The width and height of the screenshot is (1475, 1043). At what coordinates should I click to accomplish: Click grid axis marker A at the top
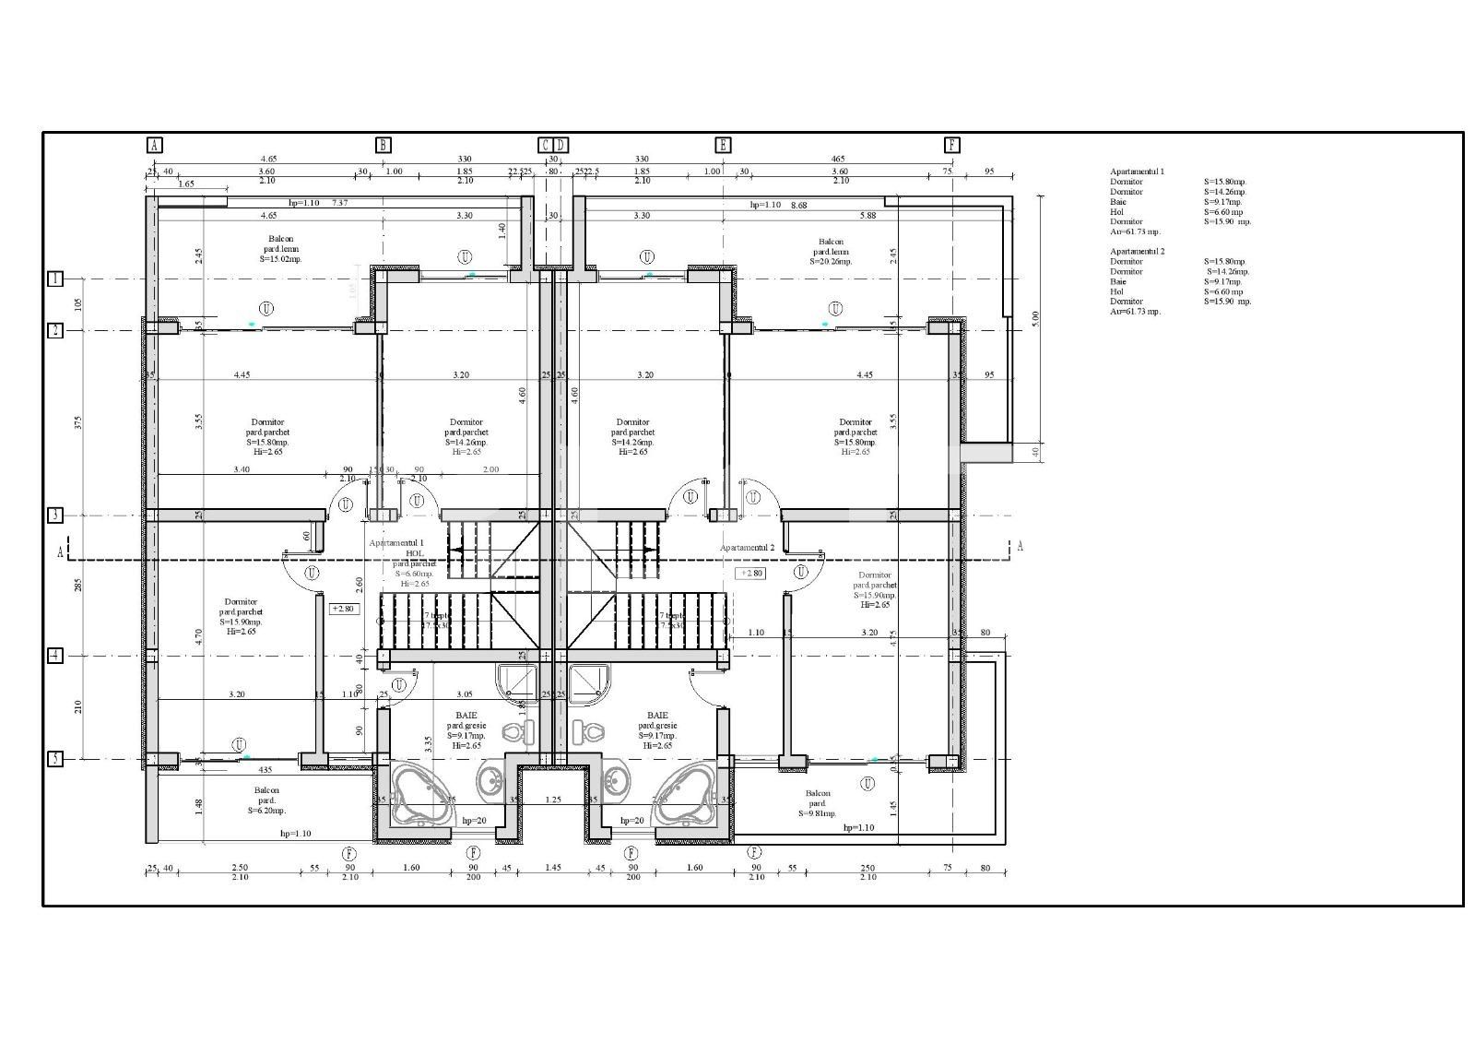coord(154,145)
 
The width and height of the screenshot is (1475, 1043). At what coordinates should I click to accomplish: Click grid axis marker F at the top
coord(952,145)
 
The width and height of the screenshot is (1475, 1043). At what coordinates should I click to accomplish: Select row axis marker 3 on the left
coord(55,516)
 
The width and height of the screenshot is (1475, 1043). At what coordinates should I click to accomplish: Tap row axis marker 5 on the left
coord(55,759)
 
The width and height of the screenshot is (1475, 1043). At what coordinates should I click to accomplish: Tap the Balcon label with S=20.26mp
coord(832,251)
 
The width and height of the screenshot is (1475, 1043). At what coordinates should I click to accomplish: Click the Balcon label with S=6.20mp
coord(266,800)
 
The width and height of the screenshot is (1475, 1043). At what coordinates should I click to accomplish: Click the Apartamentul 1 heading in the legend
coord(1137,172)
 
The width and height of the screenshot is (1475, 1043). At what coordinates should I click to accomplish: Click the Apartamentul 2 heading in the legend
coord(1137,251)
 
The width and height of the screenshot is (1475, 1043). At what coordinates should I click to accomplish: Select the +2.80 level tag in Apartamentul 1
coord(343,609)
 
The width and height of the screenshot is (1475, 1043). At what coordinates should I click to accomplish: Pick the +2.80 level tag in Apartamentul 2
coord(749,573)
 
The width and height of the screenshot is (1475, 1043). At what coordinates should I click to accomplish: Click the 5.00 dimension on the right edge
coord(1035,317)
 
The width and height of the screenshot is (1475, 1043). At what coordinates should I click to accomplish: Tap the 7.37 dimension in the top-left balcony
coord(339,203)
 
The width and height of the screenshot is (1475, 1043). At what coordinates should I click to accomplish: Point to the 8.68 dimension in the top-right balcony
coord(798,205)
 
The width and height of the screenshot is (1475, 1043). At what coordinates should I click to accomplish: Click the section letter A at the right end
coord(1020,546)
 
